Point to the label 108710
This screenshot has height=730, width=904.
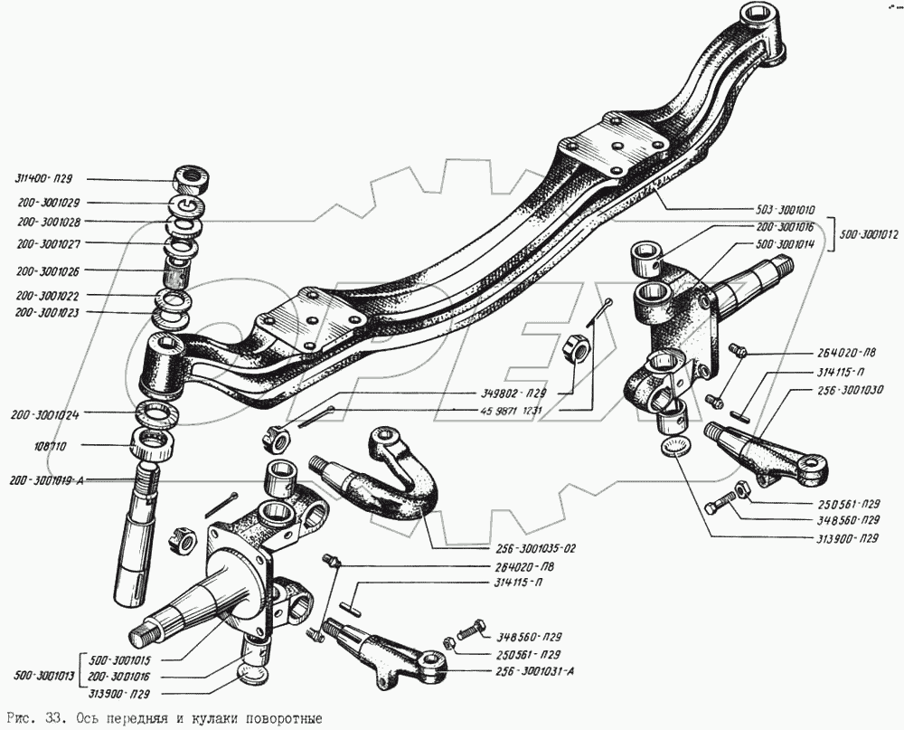pyautogui.click(x=31, y=446)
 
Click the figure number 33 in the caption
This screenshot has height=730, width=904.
pyautogui.click(x=51, y=718)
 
